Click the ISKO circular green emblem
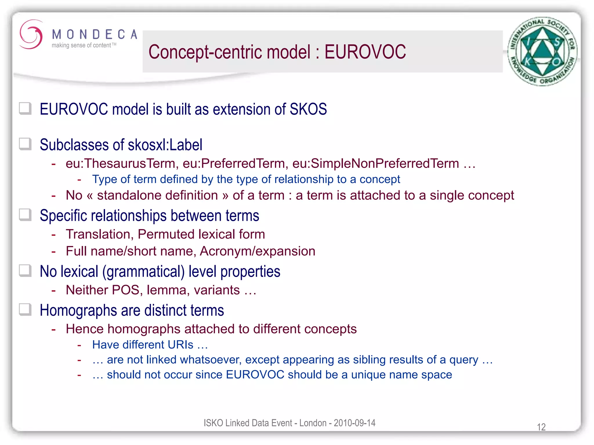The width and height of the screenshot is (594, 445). click(x=542, y=51)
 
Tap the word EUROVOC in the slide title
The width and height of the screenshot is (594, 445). click(x=365, y=52)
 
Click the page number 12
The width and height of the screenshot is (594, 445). click(x=541, y=427)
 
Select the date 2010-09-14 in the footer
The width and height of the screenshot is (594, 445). click(x=354, y=423)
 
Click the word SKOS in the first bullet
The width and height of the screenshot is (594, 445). click(x=308, y=109)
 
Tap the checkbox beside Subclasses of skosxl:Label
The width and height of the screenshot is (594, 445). click(x=25, y=144)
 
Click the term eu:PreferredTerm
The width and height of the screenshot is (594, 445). click(x=235, y=163)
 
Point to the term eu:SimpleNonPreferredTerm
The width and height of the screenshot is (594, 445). click(x=376, y=163)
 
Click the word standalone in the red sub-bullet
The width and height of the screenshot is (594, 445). click(x=157, y=195)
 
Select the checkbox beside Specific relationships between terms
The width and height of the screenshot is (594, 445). click(x=25, y=215)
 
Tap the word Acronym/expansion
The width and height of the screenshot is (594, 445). click(x=257, y=251)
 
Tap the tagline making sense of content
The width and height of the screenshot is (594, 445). click(x=82, y=45)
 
